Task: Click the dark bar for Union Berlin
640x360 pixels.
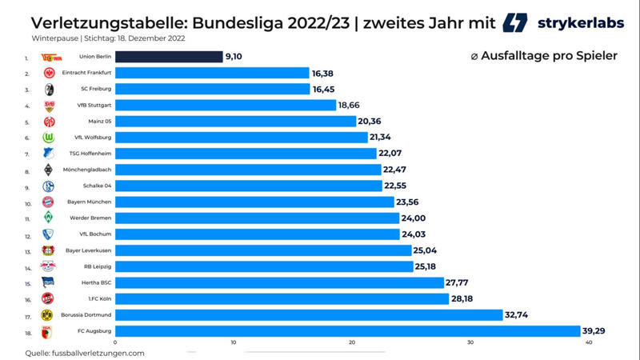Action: click(x=169, y=57)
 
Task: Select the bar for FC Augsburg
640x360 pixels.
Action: click(x=347, y=331)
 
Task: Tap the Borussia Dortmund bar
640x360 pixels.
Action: click(x=308, y=315)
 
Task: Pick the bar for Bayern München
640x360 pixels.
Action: click(x=254, y=202)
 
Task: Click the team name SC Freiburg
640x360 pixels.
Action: click(x=95, y=89)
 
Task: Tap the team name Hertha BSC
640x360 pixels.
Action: click(x=95, y=282)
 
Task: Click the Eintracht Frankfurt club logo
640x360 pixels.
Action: click(x=48, y=73)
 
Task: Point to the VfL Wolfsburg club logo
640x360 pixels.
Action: click(x=48, y=138)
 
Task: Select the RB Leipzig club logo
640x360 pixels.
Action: click(x=48, y=266)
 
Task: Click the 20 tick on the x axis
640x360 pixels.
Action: click(x=352, y=343)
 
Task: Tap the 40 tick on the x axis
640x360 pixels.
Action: click(x=589, y=343)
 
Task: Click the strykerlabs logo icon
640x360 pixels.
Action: click(x=515, y=22)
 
